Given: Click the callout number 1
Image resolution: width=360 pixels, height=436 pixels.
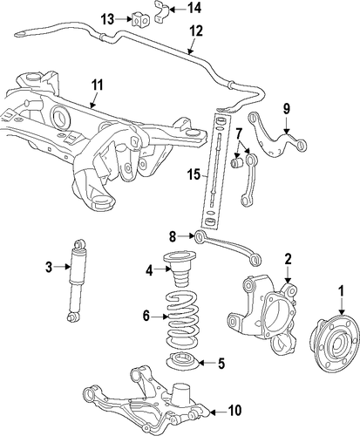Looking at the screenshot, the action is (x=342, y=291).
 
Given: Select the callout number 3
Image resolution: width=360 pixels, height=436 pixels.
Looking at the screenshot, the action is (x=49, y=267).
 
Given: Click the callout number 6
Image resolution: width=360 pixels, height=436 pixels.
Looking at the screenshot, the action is (x=146, y=316).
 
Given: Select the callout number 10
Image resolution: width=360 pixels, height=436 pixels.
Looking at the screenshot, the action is (x=234, y=411).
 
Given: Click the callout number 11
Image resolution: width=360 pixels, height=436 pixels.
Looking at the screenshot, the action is (x=98, y=85).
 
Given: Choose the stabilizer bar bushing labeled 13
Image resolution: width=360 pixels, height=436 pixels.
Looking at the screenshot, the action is (x=140, y=19).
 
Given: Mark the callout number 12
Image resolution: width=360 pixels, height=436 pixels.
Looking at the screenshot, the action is (x=196, y=31).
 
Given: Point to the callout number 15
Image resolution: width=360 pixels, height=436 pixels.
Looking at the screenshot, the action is (x=194, y=175).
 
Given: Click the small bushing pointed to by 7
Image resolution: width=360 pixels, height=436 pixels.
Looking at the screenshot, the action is (x=237, y=163).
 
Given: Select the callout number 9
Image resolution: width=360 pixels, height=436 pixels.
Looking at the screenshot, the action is (x=287, y=109).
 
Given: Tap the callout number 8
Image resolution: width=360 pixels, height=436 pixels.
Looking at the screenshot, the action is (x=173, y=237).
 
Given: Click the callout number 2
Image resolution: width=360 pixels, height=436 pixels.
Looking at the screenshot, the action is (x=288, y=259).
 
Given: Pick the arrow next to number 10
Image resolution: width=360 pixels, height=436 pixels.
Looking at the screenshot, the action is (x=217, y=412).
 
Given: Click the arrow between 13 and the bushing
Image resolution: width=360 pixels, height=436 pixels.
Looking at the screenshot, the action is (x=124, y=19).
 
